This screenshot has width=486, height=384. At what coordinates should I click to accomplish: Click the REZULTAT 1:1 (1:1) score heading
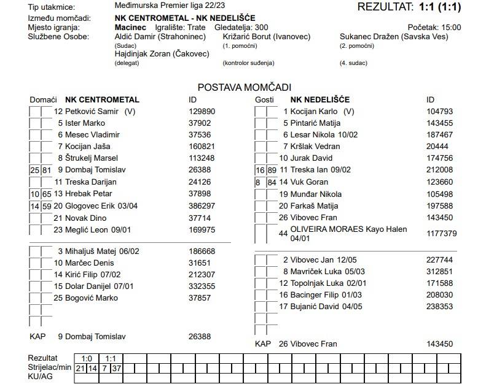[x=409, y=7]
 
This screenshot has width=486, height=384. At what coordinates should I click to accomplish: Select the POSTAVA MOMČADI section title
[x=244, y=88]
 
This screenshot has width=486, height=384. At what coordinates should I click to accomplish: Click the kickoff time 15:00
[x=450, y=28]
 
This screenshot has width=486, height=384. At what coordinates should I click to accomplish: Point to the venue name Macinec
[x=130, y=28]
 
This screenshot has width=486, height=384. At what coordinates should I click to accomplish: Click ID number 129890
[x=202, y=112]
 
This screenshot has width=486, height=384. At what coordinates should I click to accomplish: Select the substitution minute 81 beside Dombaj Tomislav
[x=47, y=170]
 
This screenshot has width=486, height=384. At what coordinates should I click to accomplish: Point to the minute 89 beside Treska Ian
[x=272, y=170]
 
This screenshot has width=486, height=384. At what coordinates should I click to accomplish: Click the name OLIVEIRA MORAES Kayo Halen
[x=348, y=229]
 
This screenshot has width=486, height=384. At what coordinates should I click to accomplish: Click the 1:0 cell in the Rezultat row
[x=87, y=358]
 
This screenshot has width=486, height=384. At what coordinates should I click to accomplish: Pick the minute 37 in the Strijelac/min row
[x=117, y=368]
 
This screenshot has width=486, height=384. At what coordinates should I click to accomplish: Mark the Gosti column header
[x=264, y=99]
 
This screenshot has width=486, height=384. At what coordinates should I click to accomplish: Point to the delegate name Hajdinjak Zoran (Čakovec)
[x=162, y=54]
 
